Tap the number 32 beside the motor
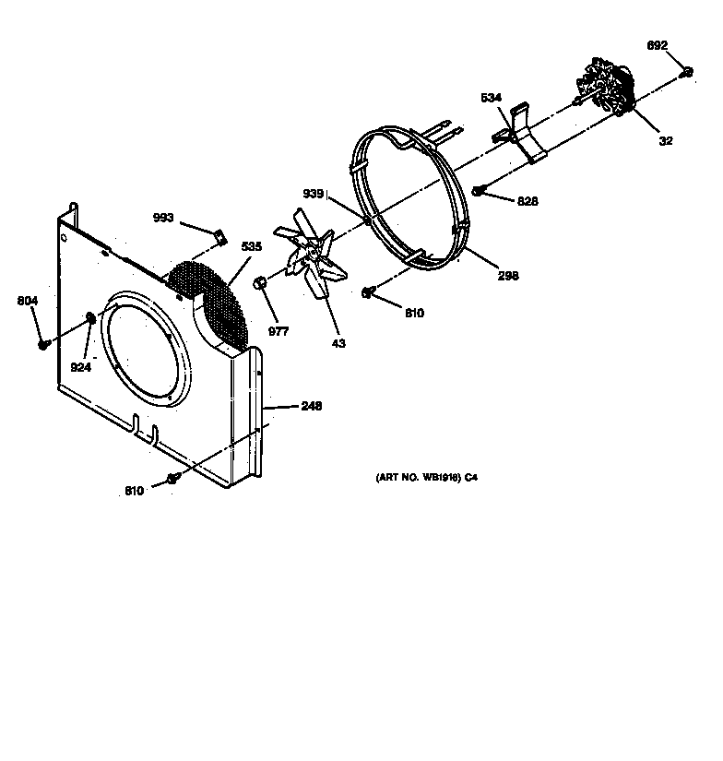666,141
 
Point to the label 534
491,98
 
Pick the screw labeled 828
479,191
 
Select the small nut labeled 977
261,280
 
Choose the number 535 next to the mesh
251,246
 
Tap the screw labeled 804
43,344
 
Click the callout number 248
310,406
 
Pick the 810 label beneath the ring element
414,314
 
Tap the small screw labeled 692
686,73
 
